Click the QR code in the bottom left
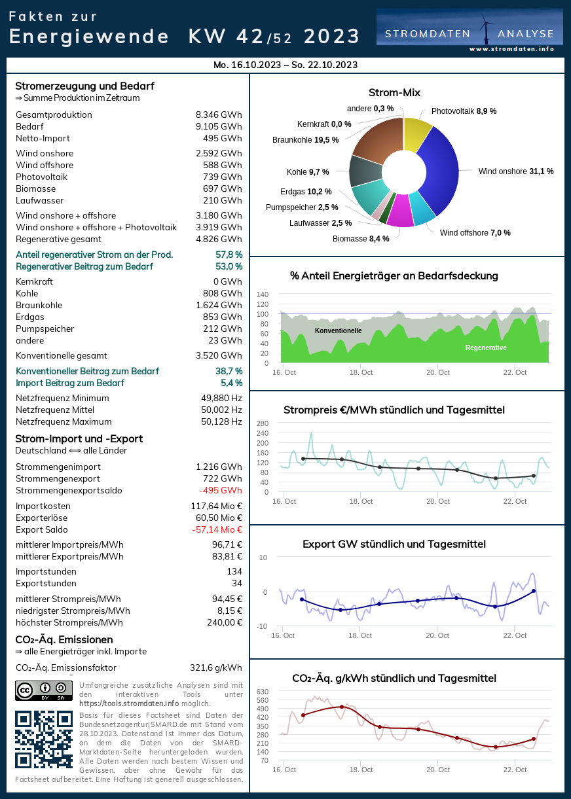tap(43, 739)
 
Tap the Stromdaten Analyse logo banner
tap(470, 31)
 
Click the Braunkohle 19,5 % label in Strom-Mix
tap(305, 139)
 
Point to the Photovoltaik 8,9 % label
tap(464, 111)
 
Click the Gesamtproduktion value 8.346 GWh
tap(219, 115)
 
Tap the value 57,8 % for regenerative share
tap(229, 255)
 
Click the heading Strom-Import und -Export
tap(79, 438)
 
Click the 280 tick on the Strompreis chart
tap(262, 423)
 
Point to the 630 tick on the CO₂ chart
tap(262, 692)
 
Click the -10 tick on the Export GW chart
tap(262, 626)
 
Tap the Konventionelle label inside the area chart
tap(338, 330)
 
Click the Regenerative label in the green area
tap(486, 347)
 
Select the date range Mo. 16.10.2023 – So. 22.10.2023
tap(285, 65)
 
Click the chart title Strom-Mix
tap(394, 93)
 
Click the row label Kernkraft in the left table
tap(34, 281)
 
